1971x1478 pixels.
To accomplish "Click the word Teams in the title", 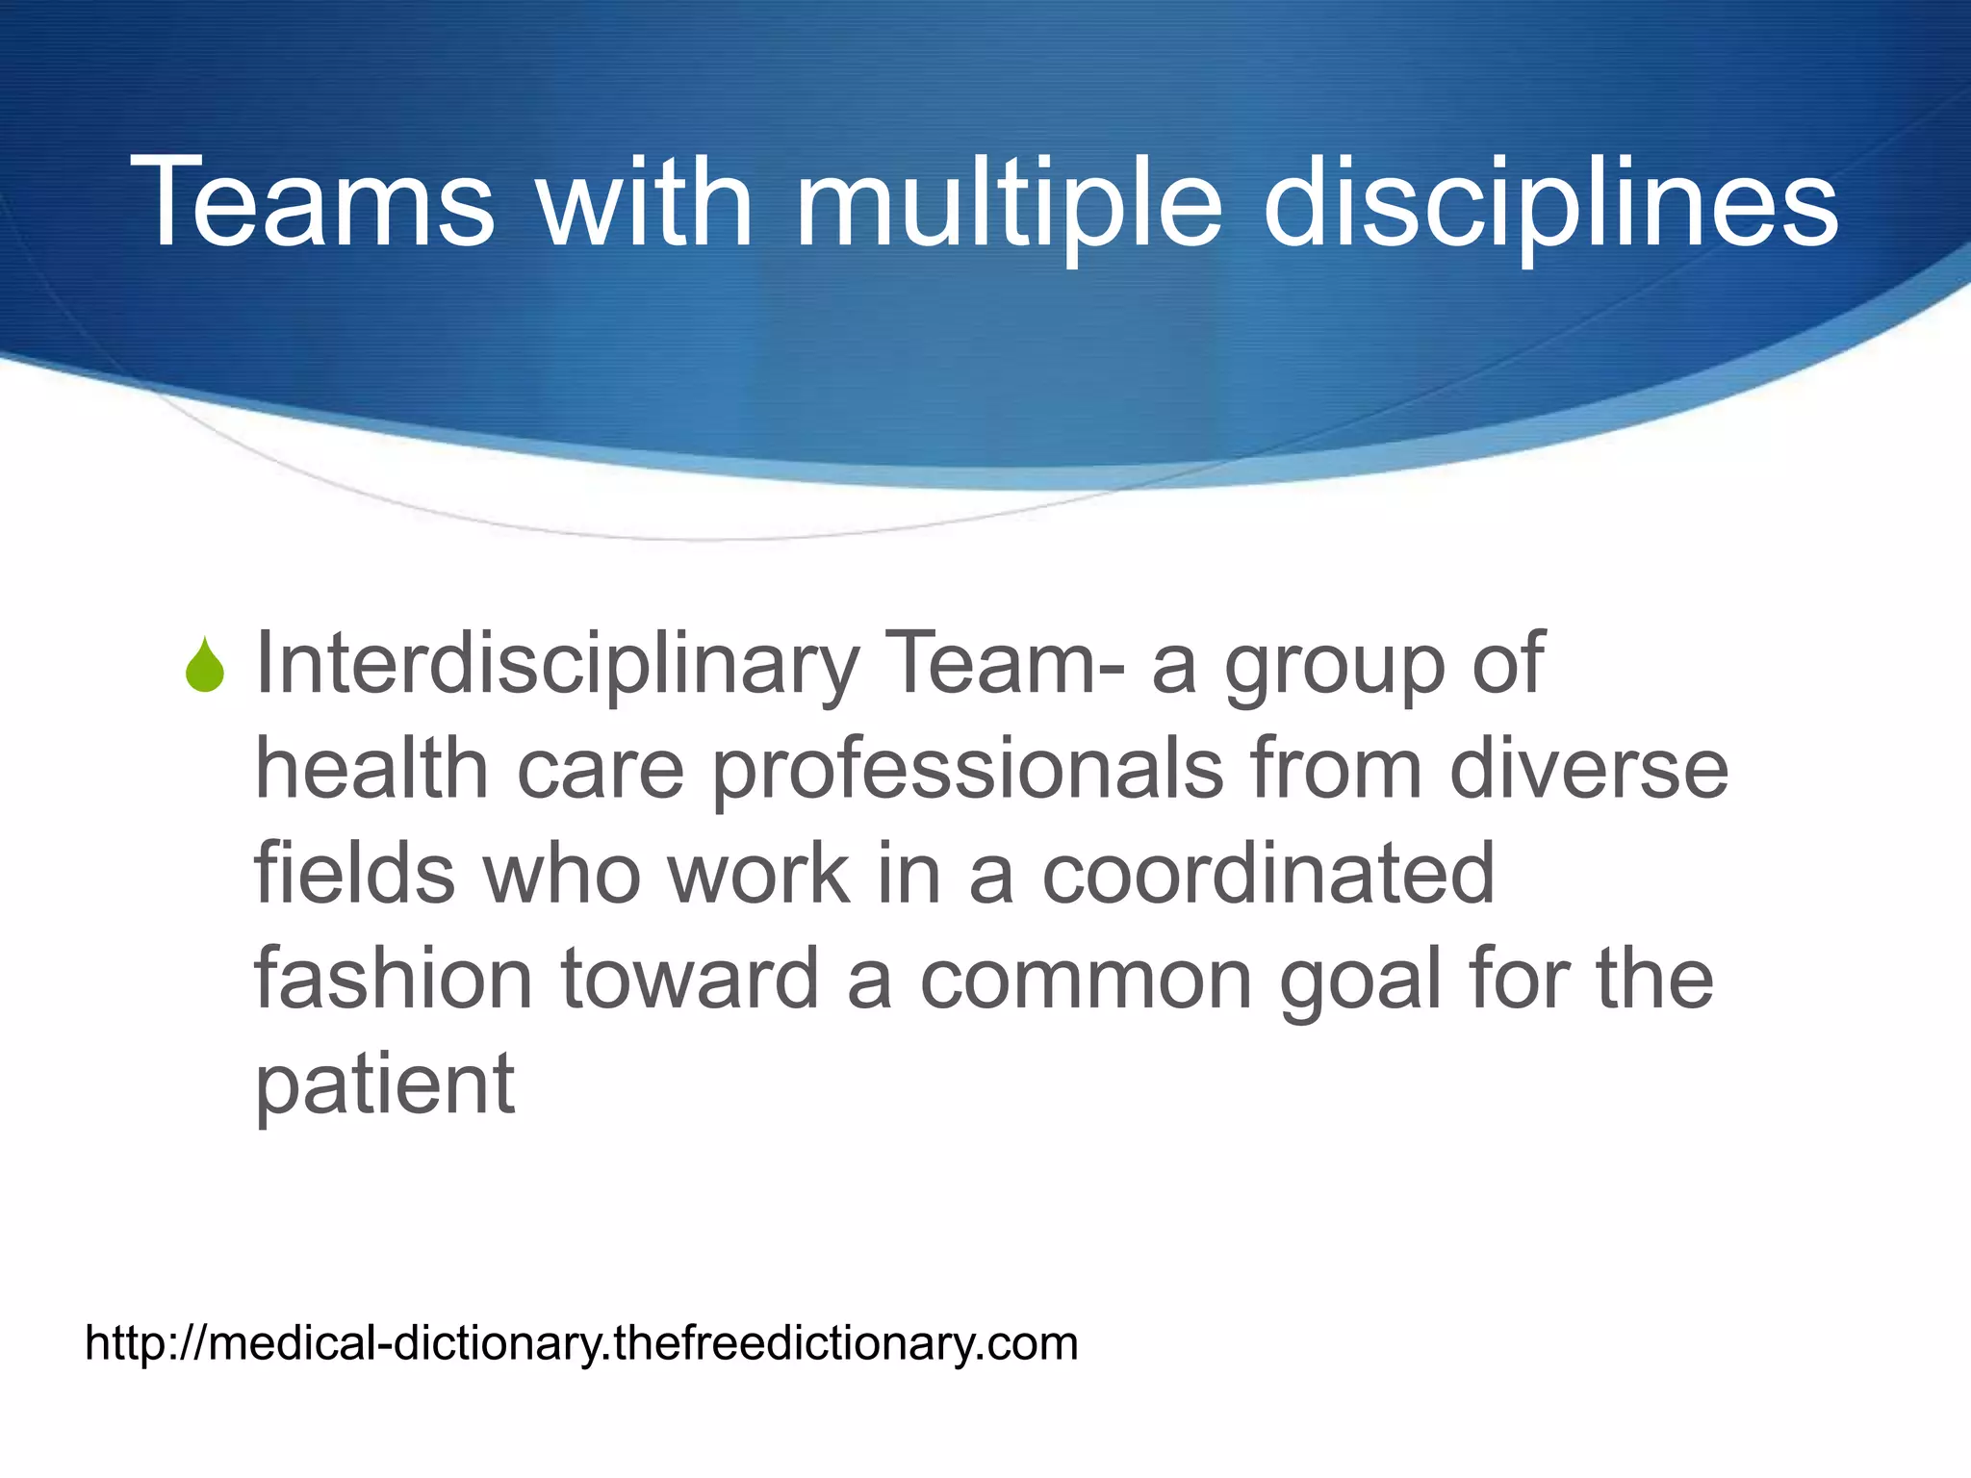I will click(x=313, y=204).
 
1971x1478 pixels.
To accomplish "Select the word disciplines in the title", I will click(x=1550, y=204).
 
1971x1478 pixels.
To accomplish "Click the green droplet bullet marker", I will click(x=205, y=666).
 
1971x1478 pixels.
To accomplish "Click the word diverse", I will click(x=1589, y=770).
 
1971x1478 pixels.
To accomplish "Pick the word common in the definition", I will click(x=1086, y=981).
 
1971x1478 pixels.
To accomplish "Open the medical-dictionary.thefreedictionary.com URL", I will click(x=581, y=1343).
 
